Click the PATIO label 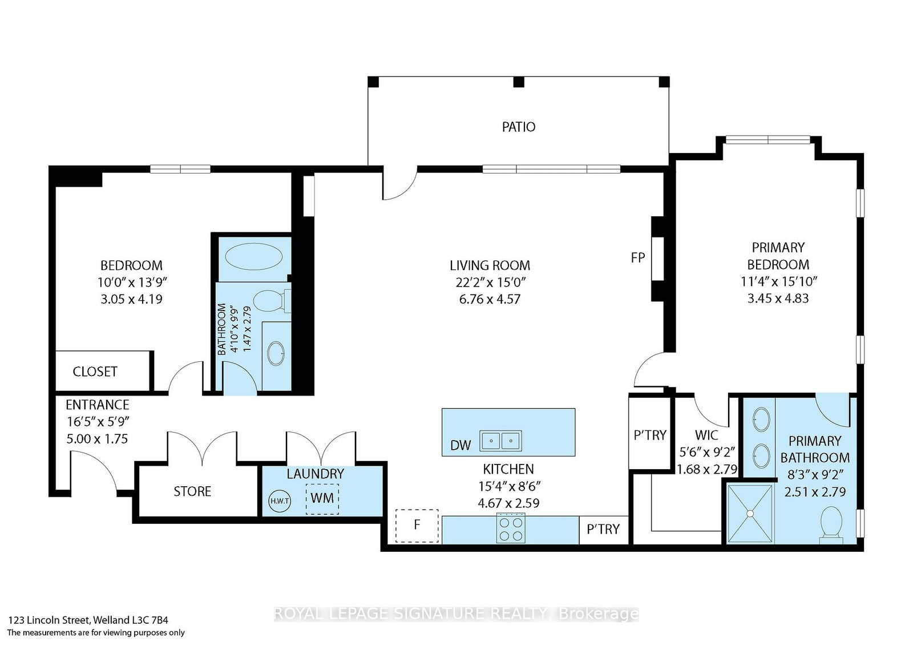pyautogui.click(x=519, y=127)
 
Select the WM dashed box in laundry pyautogui.click(x=322, y=498)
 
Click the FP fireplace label pyautogui.click(x=637, y=257)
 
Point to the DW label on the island pyautogui.click(x=460, y=445)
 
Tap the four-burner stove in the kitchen pyautogui.click(x=511, y=528)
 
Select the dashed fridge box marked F pyautogui.click(x=417, y=526)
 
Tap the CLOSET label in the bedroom pyautogui.click(x=95, y=372)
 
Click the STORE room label pyautogui.click(x=192, y=491)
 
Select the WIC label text pyautogui.click(x=706, y=435)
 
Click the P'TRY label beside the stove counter pyautogui.click(x=603, y=529)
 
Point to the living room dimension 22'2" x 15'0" pyautogui.click(x=490, y=282)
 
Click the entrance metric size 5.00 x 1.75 pyautogui.click(x=96, y=439)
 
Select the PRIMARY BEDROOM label pyautogui.click(x=778, y=256)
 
